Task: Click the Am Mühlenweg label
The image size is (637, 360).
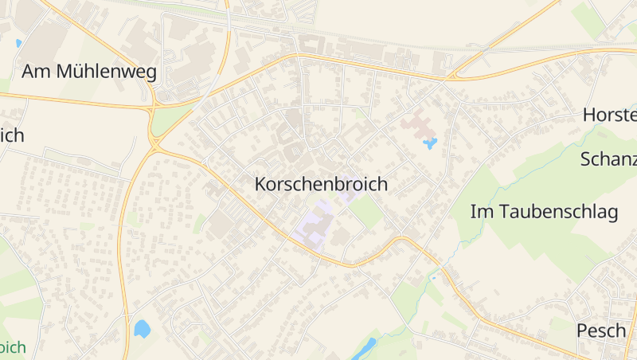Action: [89, 72]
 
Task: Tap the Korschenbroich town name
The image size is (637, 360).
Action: [321, 184]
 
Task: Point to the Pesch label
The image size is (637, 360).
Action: [601, 331]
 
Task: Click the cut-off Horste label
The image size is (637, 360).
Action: [610, 115]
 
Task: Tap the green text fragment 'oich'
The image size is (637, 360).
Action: [13, 347]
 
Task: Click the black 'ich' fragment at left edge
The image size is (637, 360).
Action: [12, 135]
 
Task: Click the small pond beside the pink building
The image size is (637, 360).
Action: [430, 144]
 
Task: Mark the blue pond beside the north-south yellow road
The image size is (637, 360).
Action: [143, 328]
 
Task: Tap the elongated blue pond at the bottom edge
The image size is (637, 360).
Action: [364, 348]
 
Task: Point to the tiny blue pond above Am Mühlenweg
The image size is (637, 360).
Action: [18, 43]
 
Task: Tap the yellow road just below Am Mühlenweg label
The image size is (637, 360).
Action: [80, 100]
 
